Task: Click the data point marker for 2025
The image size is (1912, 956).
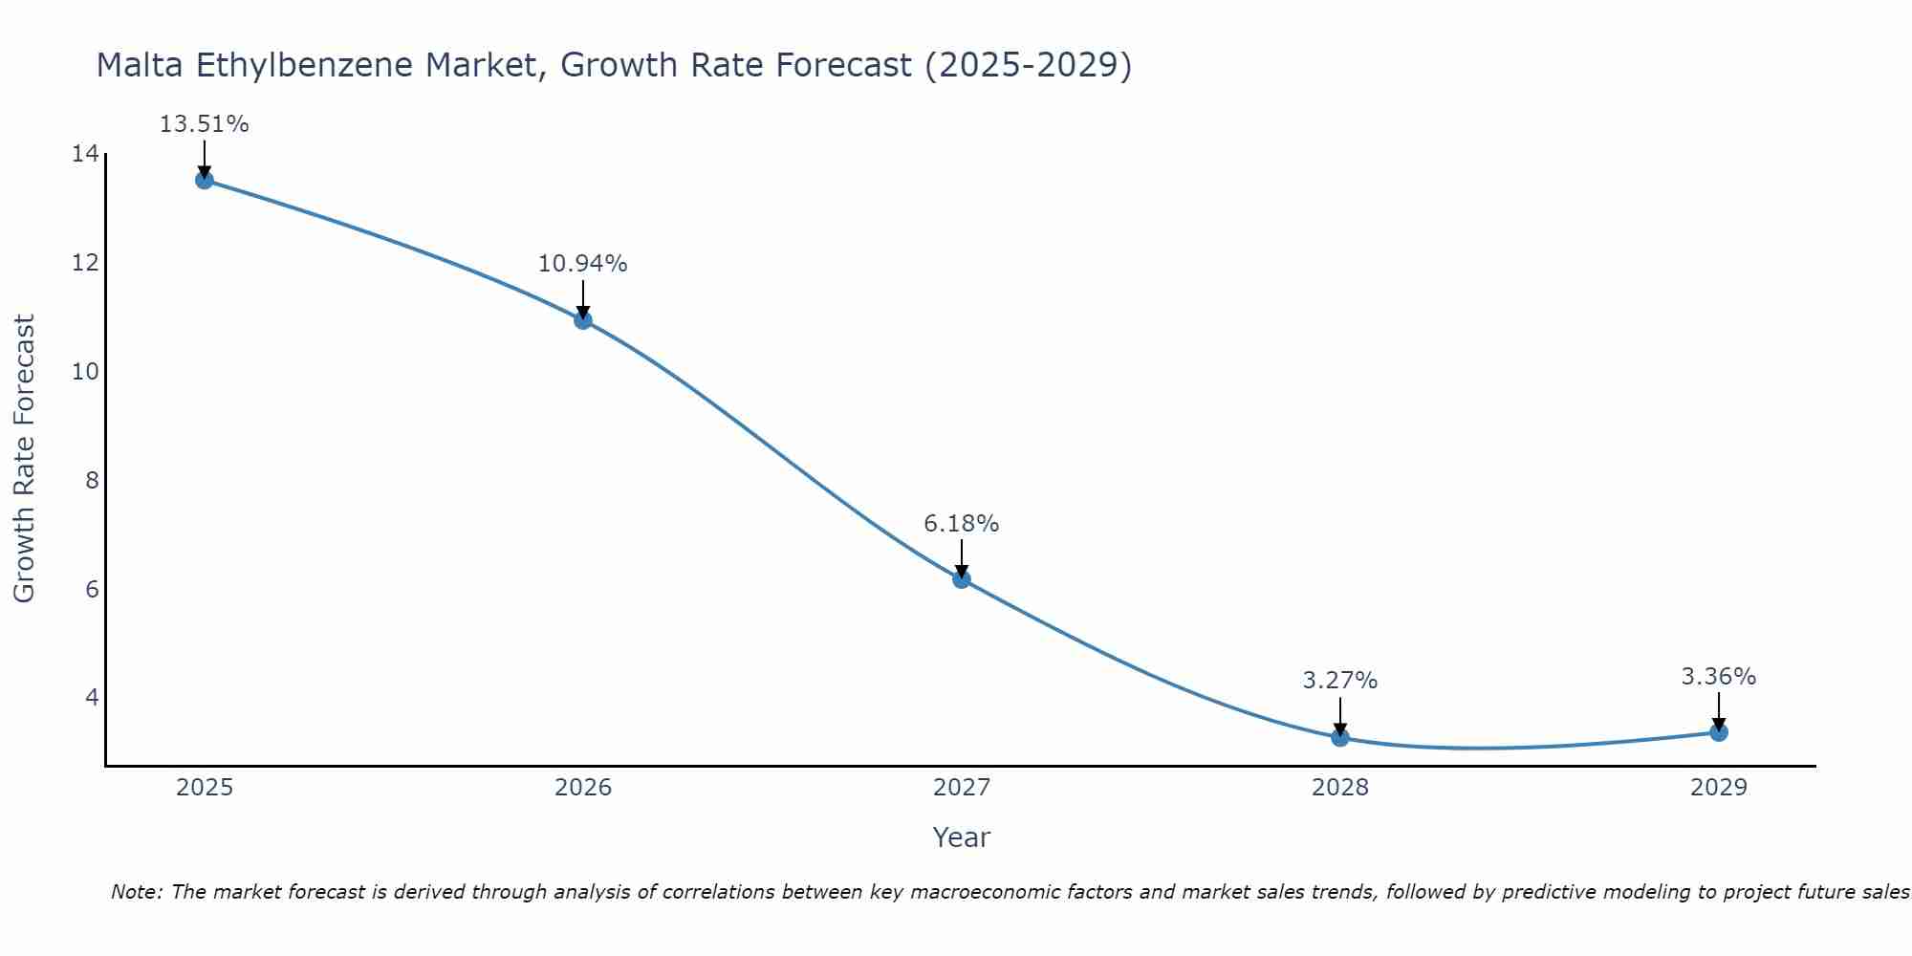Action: (205, 180)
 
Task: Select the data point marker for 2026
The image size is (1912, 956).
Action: (583, 320)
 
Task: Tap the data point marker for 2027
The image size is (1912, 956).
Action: (962, 579)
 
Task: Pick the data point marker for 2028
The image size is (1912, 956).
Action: (1340, 738)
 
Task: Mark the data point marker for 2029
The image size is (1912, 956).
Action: (1719, 732)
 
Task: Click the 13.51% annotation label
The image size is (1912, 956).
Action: (204, 124)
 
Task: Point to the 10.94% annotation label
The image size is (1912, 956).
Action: (582, 264)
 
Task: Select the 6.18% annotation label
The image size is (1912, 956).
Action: (961, 524)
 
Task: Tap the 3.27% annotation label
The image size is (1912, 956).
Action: (1339, 681)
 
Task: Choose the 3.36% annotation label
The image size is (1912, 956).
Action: (1718, 677)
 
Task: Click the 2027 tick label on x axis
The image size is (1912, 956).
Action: (962, 789)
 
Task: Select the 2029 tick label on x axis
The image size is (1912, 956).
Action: (1719, 789)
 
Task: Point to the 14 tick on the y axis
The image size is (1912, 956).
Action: (85, 154)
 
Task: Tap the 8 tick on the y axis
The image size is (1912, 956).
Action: (92, 480)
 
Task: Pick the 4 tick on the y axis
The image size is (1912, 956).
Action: (92, 697)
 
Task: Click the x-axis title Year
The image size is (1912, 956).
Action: (961, 837)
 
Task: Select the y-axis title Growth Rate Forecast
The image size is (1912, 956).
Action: (25, 459)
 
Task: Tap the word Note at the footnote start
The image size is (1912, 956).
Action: (137, 893)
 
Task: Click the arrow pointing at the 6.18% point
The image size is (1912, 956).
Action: (962, 558)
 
